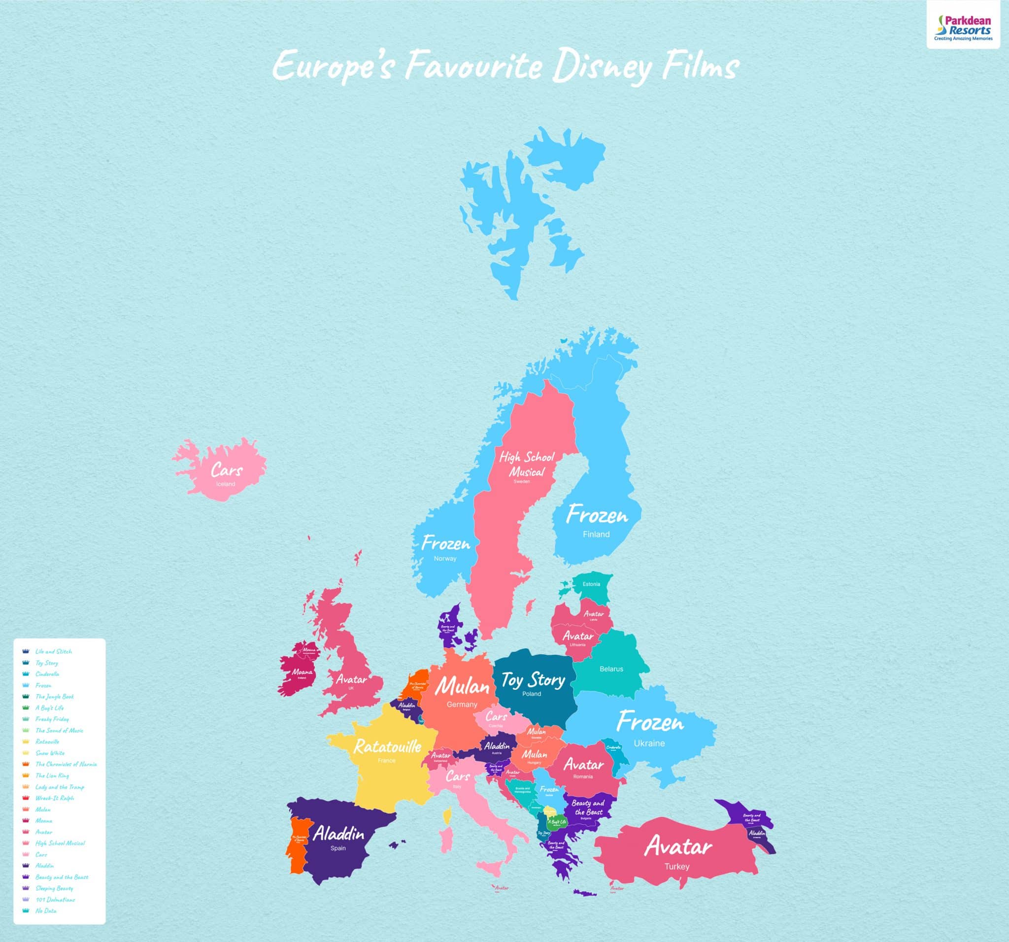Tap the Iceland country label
(225, 484)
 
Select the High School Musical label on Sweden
(527, 464)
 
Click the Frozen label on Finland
(597, 516)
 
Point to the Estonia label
(591, 584)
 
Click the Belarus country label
(611, 669)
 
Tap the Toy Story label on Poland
(533, 679)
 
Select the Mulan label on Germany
(462, 687)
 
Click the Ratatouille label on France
(387, 746)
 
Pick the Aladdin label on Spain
(338, 834)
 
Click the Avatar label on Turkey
(678, 846)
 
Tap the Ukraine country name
(649, 743)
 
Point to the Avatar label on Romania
(584, 764)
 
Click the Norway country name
(445, 558)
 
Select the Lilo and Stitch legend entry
(53, 651)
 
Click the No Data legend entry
(46, 910)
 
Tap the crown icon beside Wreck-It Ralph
(26, 798)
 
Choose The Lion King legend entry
(52, 775)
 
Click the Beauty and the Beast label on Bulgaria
(588, 807)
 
